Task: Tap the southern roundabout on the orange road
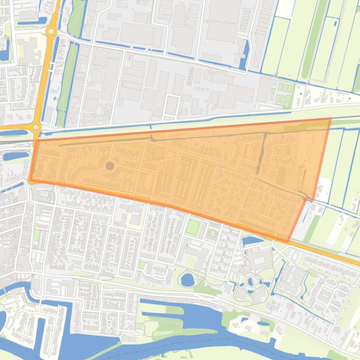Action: tap(36, 127)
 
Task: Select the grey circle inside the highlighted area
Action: tap(110, 166)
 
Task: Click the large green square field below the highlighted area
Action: tap(193, 228)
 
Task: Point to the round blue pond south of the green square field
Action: tap(188, 280)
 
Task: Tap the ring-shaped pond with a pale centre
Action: tap(253, 281)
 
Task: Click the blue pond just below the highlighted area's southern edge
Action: tap(251, 240)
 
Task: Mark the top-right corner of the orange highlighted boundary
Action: tap(330, 120)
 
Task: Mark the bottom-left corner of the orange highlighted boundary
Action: tap(30, 180)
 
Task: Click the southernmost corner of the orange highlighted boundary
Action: tap(288, 241)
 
